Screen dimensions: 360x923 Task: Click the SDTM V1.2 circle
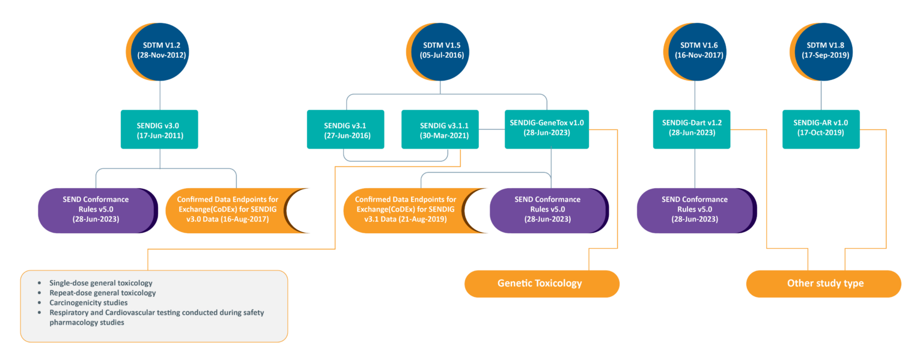point(160,50)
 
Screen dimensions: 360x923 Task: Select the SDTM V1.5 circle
point(442,50)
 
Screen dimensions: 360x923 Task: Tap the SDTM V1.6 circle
point(695,50)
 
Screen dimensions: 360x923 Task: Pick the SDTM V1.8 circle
point(821,50)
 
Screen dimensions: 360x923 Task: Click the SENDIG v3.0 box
point(159,129)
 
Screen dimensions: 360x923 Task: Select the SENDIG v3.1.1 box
point(440,129)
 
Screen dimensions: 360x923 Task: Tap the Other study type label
point(824,283)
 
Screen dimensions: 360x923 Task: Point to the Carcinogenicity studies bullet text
point(88,303)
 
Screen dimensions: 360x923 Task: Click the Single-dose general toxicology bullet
point(100,282)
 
